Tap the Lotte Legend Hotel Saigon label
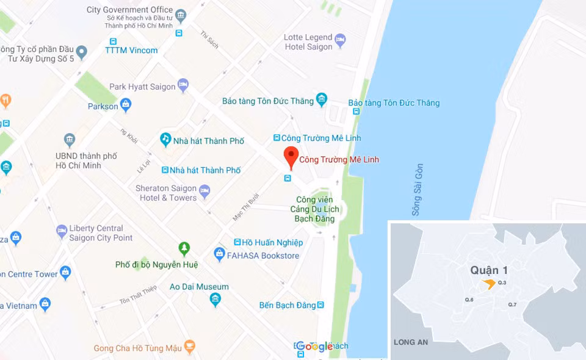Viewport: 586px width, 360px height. (308, 42)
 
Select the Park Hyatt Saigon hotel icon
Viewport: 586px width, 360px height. (183, 84)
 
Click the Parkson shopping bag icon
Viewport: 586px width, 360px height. (126, 104)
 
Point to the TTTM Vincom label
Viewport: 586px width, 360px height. (131, 50)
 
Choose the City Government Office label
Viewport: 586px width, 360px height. (130, 10)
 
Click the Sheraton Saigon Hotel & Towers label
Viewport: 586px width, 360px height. (166, 193)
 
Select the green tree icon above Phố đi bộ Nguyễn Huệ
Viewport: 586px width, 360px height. (184, 248)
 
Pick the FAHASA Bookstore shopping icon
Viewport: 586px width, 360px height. (219, 253)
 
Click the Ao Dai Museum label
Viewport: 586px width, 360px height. (199, 287)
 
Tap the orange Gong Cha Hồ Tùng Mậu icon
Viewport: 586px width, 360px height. (190, 347)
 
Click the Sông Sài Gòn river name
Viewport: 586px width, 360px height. (418, 189)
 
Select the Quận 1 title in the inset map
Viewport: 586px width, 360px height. (489, 270)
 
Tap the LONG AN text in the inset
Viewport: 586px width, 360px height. (411, 342)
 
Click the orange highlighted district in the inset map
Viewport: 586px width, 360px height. (488, 283)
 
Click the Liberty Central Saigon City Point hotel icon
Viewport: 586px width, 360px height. (62, 231)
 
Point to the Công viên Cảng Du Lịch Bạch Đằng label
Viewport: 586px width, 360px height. (314, 209)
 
